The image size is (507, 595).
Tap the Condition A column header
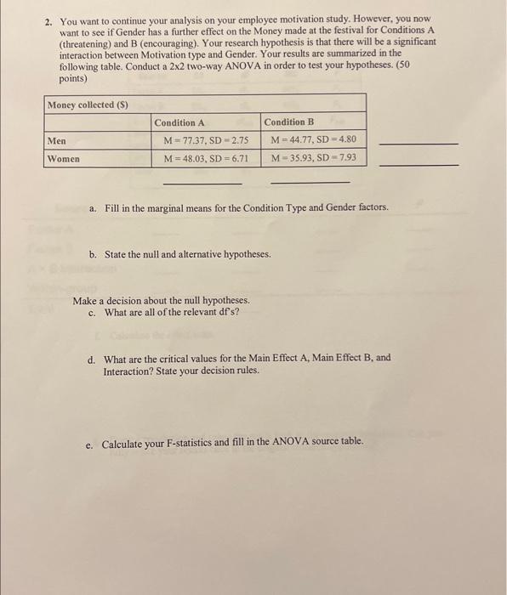(x=179, y=123)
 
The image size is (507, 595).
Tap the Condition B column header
(x=289, y=123)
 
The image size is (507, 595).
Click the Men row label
(x=57, y=141)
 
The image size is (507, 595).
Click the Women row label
(x=64, y=159)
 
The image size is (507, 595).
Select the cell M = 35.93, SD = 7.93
(x=313, y=159)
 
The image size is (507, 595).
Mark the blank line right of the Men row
(x=417, y=144)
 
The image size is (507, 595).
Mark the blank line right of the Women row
(x=417, y=165)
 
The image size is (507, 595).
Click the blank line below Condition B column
(x=310, y=183)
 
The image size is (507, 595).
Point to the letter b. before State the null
(x=93, y=254)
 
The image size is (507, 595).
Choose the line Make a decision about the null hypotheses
(x=161, y=301)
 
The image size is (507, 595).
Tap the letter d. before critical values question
(x=93, y=359)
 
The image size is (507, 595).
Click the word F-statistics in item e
(x=197, y=443)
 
